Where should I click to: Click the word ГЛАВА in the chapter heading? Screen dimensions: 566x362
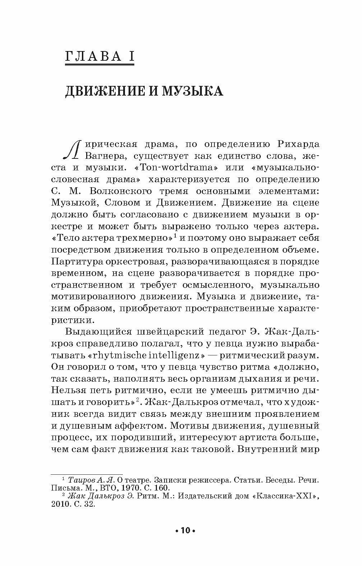[92, 57]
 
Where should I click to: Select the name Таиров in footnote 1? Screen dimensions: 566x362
[81, 480]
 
